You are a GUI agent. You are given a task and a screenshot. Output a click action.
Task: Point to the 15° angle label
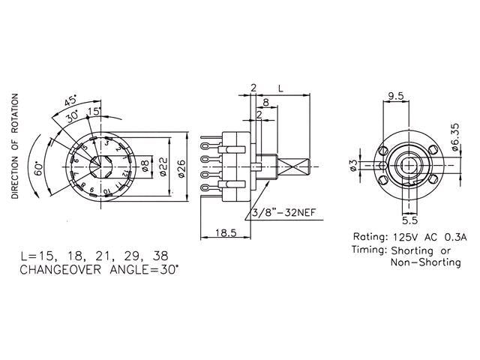coord(94,112)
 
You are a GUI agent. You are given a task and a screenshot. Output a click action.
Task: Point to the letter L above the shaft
coord(280,88)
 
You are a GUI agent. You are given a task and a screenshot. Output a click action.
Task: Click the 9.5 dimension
coord(397,95)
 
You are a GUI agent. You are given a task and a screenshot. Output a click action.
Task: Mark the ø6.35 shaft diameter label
coord(456,139)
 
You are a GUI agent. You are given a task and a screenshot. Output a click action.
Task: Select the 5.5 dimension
coord(408,221)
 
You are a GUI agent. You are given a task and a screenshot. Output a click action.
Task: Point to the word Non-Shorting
coord(425,263)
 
